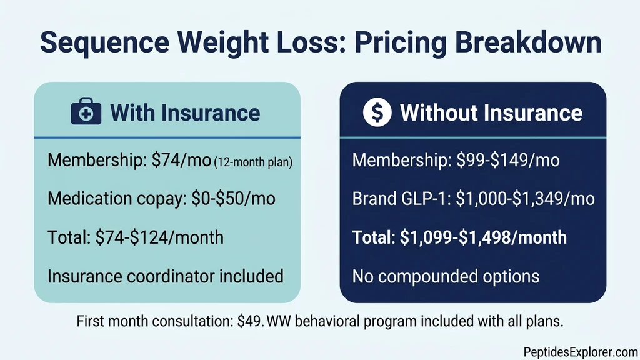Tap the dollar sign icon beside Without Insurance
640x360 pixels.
click(x=377, y=113)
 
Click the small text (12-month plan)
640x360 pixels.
click(x=253, y=162)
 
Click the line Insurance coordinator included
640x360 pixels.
click(x=166, y=276)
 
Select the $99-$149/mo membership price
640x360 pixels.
click(x=504, y=161)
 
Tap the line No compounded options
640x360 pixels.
click(x=446, y=276)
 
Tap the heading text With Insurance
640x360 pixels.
click(x=185, y=113)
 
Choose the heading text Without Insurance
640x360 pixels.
click(x=491, y=113)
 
